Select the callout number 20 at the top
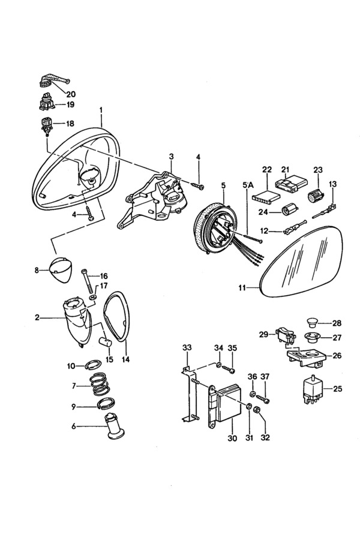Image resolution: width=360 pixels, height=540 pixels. tap(71, 94)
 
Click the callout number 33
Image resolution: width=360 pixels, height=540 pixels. tap(187, 347)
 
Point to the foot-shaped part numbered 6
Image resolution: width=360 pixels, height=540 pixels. tap(113, 428)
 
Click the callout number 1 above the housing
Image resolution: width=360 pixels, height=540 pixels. tap(101, 111)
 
